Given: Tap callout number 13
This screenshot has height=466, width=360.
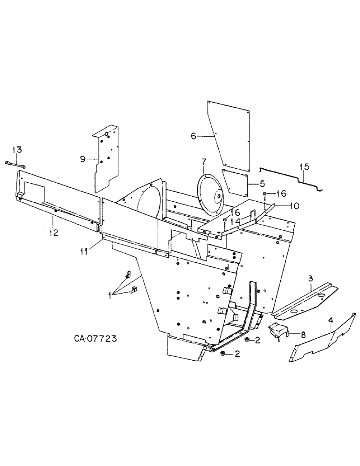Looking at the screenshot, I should click(17, 150).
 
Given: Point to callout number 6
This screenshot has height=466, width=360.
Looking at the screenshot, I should click(194, 136).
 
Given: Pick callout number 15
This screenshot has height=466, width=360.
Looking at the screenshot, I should click(304, 166).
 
